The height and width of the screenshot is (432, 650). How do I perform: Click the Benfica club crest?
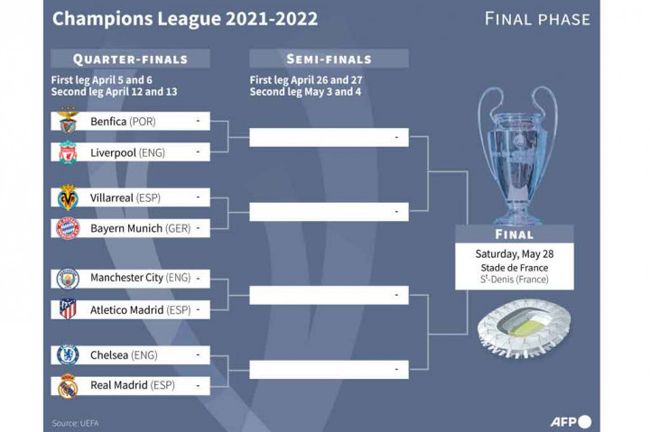pos(69,121)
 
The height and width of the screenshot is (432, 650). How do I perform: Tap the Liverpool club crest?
pos(69,152)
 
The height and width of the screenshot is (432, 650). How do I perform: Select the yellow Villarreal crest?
pos(69,198)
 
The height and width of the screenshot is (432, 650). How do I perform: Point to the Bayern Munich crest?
pos(69,229)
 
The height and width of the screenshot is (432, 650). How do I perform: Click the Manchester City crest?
pos(69,279)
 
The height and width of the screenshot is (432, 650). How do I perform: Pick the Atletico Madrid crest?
pos(69,310)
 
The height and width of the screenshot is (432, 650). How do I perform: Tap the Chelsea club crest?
pos(69,355)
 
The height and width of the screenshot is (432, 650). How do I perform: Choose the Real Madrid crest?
pos(69,386)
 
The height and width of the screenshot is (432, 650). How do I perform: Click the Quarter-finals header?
pos(131,59)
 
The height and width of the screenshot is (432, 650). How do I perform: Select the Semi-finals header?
pos(329,59)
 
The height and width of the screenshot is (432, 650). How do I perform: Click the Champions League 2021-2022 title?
pos(185,19)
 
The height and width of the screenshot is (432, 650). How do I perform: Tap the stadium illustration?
pos(513,329)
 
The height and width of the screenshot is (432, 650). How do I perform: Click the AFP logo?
pos(571,420)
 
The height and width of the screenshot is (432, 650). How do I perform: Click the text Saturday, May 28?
pos(514,253)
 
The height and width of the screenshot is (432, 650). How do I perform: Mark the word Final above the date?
pos(514,234)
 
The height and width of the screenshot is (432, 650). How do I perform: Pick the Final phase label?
pos(537,19)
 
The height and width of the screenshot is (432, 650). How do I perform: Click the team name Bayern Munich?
pos(125,229)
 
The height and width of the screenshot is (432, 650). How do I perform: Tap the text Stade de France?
pos(514,268)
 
